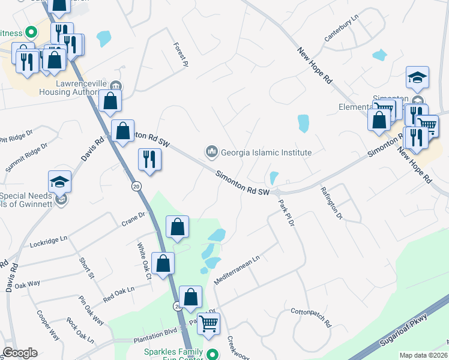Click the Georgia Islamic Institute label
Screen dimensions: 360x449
266,152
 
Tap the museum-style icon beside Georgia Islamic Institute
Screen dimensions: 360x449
211,152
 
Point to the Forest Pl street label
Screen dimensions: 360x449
181,54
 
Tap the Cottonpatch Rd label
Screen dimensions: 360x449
311,318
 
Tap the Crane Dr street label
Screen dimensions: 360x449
133,218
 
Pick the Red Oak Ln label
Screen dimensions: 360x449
118,294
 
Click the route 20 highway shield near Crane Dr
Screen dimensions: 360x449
136,187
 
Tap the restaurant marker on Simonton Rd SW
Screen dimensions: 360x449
149,160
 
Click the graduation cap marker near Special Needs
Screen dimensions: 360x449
59,181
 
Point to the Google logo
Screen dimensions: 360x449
20,353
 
